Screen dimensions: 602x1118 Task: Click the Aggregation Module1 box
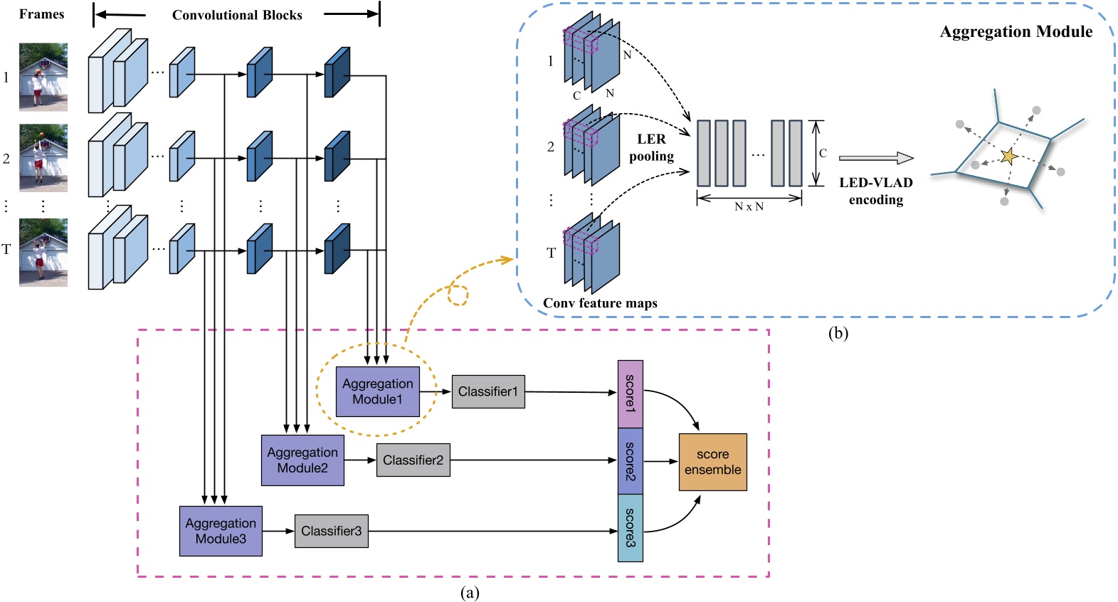[377, 391]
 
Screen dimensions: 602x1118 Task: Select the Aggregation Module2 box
[302, 460]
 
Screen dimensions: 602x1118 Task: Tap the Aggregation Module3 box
[221, 531]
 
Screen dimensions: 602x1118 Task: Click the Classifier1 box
[488, 391]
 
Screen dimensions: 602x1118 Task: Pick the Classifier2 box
[413, 460]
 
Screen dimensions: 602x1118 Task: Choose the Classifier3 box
[332, 531]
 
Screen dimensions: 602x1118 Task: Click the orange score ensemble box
[712, 462]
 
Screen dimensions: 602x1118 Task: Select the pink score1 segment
[630, 394]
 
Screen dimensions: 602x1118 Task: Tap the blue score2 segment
[630, 461]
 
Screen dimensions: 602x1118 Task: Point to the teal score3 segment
[630, 527]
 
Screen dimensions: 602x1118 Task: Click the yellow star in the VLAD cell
[1008, 156]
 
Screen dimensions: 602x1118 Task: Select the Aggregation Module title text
[1016, 31]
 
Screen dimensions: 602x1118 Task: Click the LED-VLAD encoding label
[876, 191]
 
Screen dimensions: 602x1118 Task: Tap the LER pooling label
[651, 147]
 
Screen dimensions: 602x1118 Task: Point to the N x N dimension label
[749, 206]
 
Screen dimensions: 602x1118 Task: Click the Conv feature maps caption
[600, 303]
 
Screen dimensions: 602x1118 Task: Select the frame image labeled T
[43, 253]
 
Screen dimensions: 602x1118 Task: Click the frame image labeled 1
[43, 77]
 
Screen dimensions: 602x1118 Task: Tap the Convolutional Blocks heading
[237, 15]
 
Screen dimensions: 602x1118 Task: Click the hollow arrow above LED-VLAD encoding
[876, 158]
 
